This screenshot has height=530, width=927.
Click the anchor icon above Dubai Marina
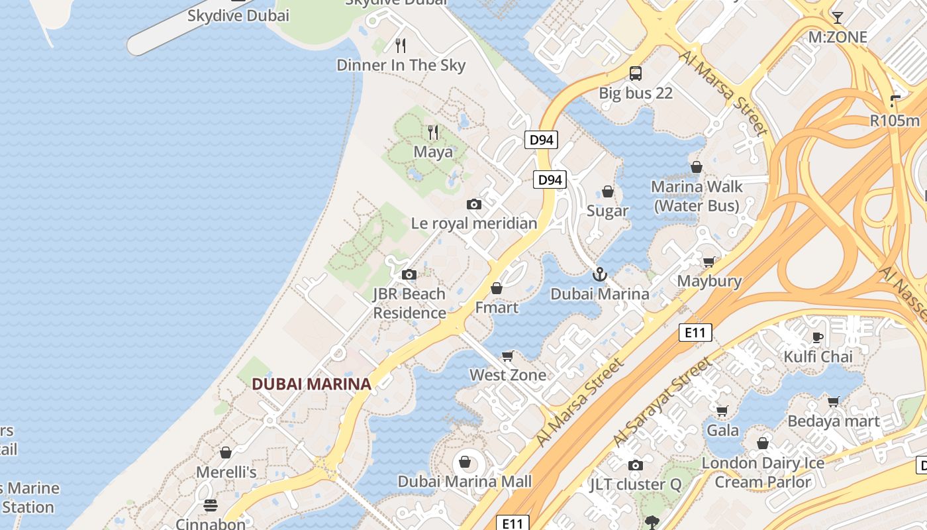click(599, 274)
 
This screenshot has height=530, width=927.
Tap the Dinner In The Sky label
click(401, 65)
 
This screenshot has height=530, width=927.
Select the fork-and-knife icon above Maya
click(433, 132)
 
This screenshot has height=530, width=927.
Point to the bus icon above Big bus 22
click(636, 74)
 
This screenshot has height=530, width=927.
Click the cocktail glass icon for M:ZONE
click(838, 18)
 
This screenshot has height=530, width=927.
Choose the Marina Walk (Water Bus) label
click(697, 196)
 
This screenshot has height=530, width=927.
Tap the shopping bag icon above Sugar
click(608, 192)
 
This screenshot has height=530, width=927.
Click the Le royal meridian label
click(474, 223)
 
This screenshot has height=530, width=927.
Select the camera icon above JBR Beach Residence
click(409, 275)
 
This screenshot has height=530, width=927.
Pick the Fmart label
click(497, 307)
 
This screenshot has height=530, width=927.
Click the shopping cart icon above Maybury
click(709, 262)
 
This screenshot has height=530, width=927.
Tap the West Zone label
click(508, 375)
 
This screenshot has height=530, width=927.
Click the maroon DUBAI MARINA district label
click(311, 384)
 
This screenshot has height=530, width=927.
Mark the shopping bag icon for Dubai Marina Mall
click(465, 462)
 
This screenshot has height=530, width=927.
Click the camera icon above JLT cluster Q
click(636, 466)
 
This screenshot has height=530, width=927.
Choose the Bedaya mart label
click(833, 421)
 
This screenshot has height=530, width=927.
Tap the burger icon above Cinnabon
click(211, 505)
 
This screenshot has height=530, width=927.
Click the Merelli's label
click(226, 472)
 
